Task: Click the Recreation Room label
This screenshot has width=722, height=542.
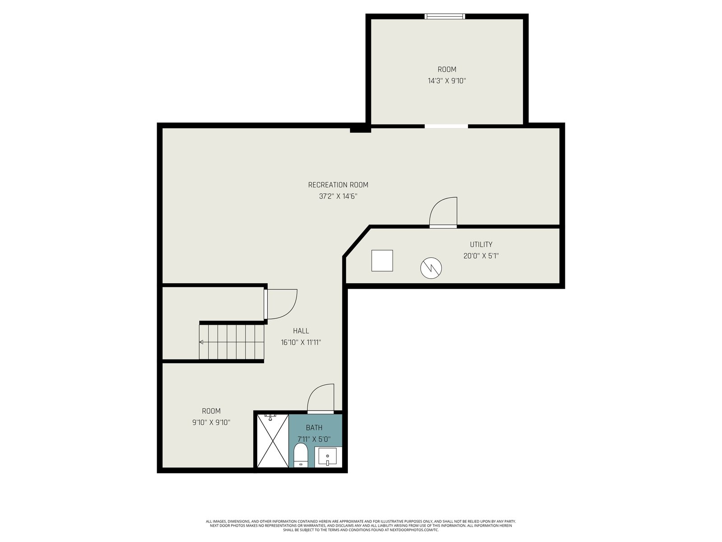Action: click(338, 185)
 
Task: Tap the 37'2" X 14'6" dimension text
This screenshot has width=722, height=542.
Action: click(338, 196)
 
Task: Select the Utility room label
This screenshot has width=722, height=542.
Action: click(481, 244)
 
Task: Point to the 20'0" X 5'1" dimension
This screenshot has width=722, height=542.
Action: click(481, 256)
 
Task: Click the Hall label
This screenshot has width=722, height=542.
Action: click(301, 331)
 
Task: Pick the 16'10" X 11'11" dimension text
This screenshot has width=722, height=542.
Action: click(301, 342)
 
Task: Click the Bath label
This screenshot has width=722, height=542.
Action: click(314, 428)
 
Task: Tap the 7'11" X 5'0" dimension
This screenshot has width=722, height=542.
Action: click(314, 439)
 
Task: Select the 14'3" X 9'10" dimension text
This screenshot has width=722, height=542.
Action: click(447, 81)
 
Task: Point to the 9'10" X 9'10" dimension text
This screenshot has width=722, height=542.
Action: click(211, 423)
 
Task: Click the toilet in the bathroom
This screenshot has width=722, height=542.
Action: click(301, 455)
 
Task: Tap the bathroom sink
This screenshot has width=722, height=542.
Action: click(328, 457)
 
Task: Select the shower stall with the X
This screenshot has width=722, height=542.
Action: click(273, 441)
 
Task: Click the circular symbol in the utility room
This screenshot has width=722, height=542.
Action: click(431, 268)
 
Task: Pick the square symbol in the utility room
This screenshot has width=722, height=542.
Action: click(382, 261)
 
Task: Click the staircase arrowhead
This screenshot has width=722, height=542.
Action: click(201, 342)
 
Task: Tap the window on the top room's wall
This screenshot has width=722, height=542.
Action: click(445, 16)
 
